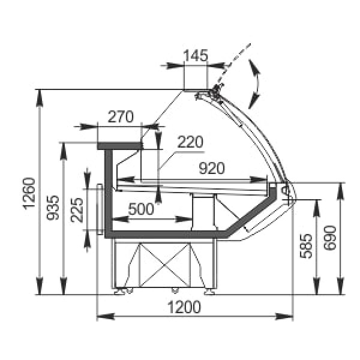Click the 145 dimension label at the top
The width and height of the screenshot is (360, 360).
(x=196, y=56)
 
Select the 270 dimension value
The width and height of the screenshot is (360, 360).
(x=121, y=118)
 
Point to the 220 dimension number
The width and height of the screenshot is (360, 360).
(x=191, y=142)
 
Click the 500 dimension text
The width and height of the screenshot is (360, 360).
(x=142, y=209)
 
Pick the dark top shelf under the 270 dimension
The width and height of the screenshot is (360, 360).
(x=119, y=145)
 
